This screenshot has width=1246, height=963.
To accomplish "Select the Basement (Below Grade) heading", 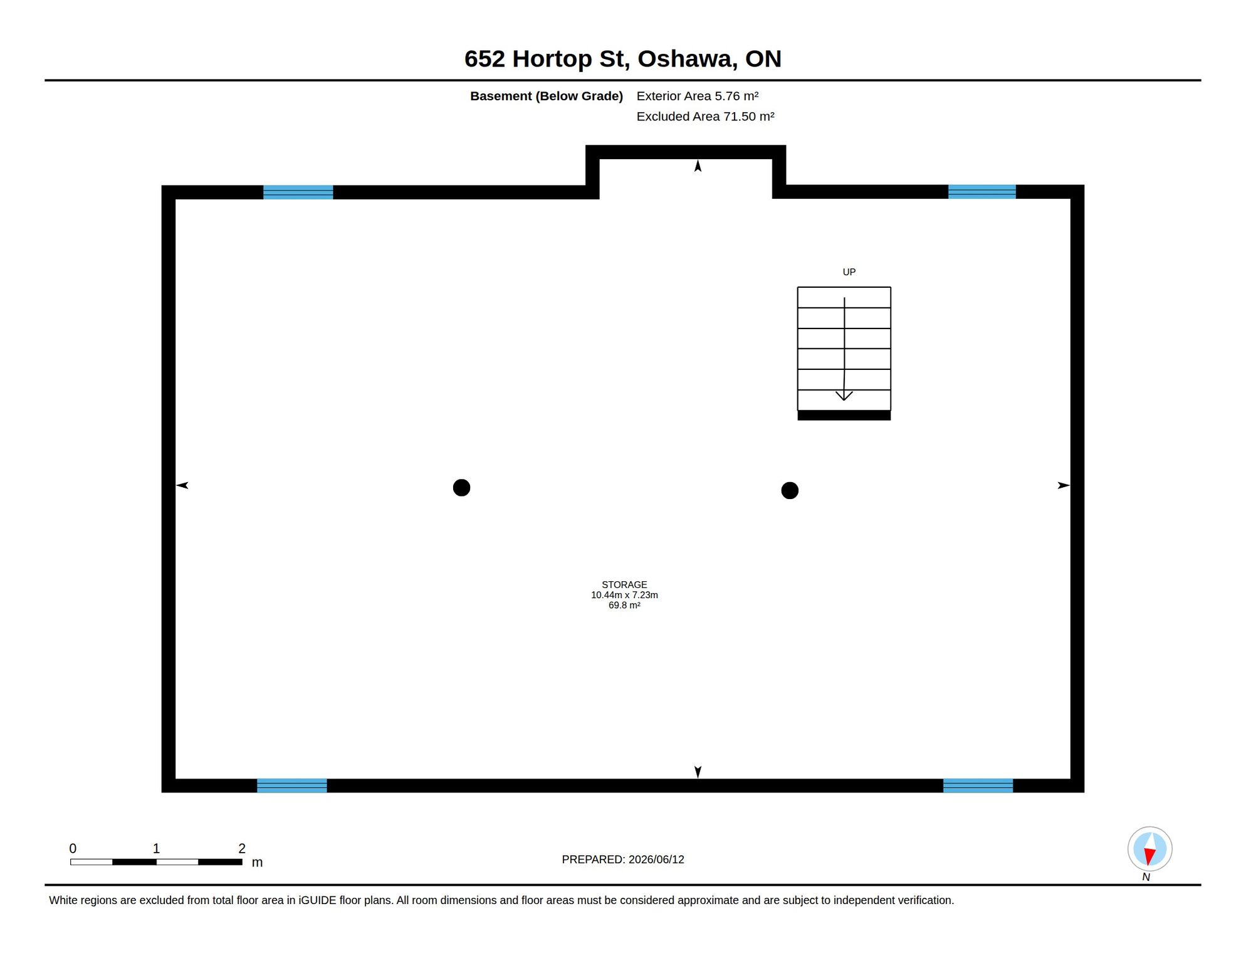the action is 547,96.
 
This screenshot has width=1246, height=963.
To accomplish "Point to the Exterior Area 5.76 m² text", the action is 698,96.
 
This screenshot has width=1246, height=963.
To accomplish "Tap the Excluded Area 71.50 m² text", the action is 705,117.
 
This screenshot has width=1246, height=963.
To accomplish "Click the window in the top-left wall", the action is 298,192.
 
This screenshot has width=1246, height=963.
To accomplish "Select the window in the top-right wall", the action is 982,191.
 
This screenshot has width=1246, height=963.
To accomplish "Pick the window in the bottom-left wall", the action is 292,786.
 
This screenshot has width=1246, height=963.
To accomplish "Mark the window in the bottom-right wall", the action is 978,786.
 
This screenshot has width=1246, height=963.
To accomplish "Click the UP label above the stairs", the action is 849,272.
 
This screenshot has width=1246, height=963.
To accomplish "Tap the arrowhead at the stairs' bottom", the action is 844,396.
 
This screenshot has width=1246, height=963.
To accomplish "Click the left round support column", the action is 461,488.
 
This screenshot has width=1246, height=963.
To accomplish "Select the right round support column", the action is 790,490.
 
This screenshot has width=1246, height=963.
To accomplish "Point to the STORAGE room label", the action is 624,585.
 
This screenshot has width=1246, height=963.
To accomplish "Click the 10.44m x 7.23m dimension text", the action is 624,595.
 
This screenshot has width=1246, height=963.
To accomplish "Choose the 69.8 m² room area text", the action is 624,605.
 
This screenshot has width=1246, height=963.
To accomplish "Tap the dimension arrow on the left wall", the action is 182,485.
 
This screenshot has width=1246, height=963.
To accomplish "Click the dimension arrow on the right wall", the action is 1064,485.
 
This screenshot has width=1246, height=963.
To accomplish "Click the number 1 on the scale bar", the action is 156,848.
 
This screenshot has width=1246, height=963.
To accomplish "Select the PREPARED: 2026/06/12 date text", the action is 623,860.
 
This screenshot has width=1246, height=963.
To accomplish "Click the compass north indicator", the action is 1150,850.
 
